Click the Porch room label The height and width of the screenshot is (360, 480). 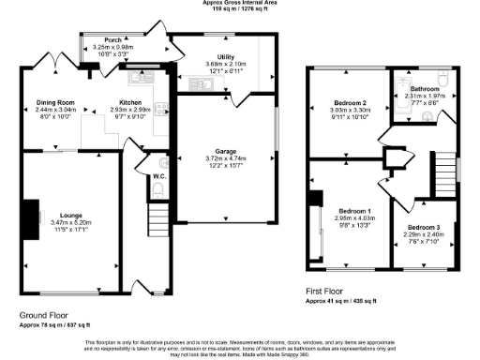point(112,40)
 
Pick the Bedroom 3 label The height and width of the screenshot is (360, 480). point(423,228)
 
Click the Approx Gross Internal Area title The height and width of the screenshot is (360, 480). point(240,3)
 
